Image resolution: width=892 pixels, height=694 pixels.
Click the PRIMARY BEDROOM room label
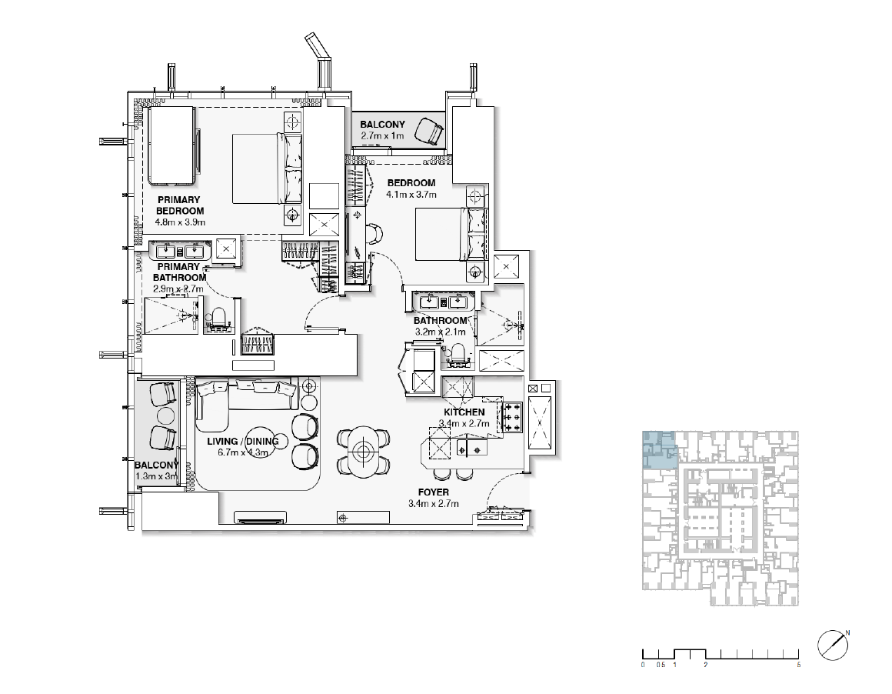(180, 205)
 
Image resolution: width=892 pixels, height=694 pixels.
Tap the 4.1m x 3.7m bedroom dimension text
(411, 195)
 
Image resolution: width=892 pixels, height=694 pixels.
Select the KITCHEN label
(464, 412)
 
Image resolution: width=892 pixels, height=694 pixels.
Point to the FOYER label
(434, 492)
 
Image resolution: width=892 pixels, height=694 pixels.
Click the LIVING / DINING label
(243, 442)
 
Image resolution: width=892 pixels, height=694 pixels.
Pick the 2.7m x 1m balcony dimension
(382, 136)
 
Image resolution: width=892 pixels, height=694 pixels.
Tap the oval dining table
(363, 452)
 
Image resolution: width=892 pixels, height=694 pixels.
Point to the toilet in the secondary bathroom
(458, 354)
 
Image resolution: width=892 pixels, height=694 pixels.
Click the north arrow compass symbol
(833, 646)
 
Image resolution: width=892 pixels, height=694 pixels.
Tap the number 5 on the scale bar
(799, 665)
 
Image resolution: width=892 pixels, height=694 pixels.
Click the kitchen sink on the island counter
(472, 448)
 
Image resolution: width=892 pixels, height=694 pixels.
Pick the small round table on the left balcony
(165, 415)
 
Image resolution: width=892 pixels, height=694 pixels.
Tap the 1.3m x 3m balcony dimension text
(156, 476)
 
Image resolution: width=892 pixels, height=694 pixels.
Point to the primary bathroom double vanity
(180, 251)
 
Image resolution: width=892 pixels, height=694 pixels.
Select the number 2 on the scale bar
(705, 665)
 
